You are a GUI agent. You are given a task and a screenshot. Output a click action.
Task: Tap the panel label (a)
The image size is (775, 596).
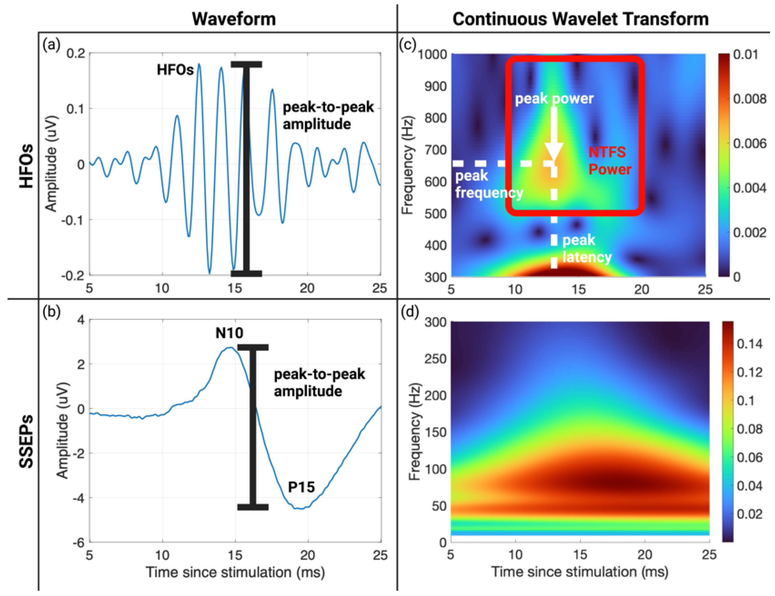tap(51, 45)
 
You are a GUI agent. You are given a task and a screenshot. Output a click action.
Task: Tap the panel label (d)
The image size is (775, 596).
tap(410, 312)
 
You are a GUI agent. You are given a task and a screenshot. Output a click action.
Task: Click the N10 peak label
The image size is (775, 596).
tap(229, 333)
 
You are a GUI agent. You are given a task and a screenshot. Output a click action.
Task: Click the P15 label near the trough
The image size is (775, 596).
tap(301, 487)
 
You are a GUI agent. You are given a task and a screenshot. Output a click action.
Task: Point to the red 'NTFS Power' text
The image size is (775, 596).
tap(610, 161)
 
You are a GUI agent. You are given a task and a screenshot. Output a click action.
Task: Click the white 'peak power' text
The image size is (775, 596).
tap(554, 99)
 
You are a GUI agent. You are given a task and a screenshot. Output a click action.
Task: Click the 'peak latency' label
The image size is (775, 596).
tap(587, 249)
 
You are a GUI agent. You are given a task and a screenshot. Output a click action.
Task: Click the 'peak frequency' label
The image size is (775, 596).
tap(489, 184)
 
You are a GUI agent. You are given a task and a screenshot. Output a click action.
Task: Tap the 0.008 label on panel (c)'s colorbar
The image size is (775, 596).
tap(749, 99)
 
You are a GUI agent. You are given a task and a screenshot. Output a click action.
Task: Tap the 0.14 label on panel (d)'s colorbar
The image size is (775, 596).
tap(749, 344)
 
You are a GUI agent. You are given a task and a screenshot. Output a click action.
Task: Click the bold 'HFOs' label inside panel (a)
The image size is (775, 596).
tap(175, 70)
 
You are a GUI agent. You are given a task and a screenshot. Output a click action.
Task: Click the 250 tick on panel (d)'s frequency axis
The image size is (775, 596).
tap(435, 359)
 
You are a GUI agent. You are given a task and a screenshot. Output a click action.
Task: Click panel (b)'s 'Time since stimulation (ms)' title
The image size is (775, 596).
tap(235, 572)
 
